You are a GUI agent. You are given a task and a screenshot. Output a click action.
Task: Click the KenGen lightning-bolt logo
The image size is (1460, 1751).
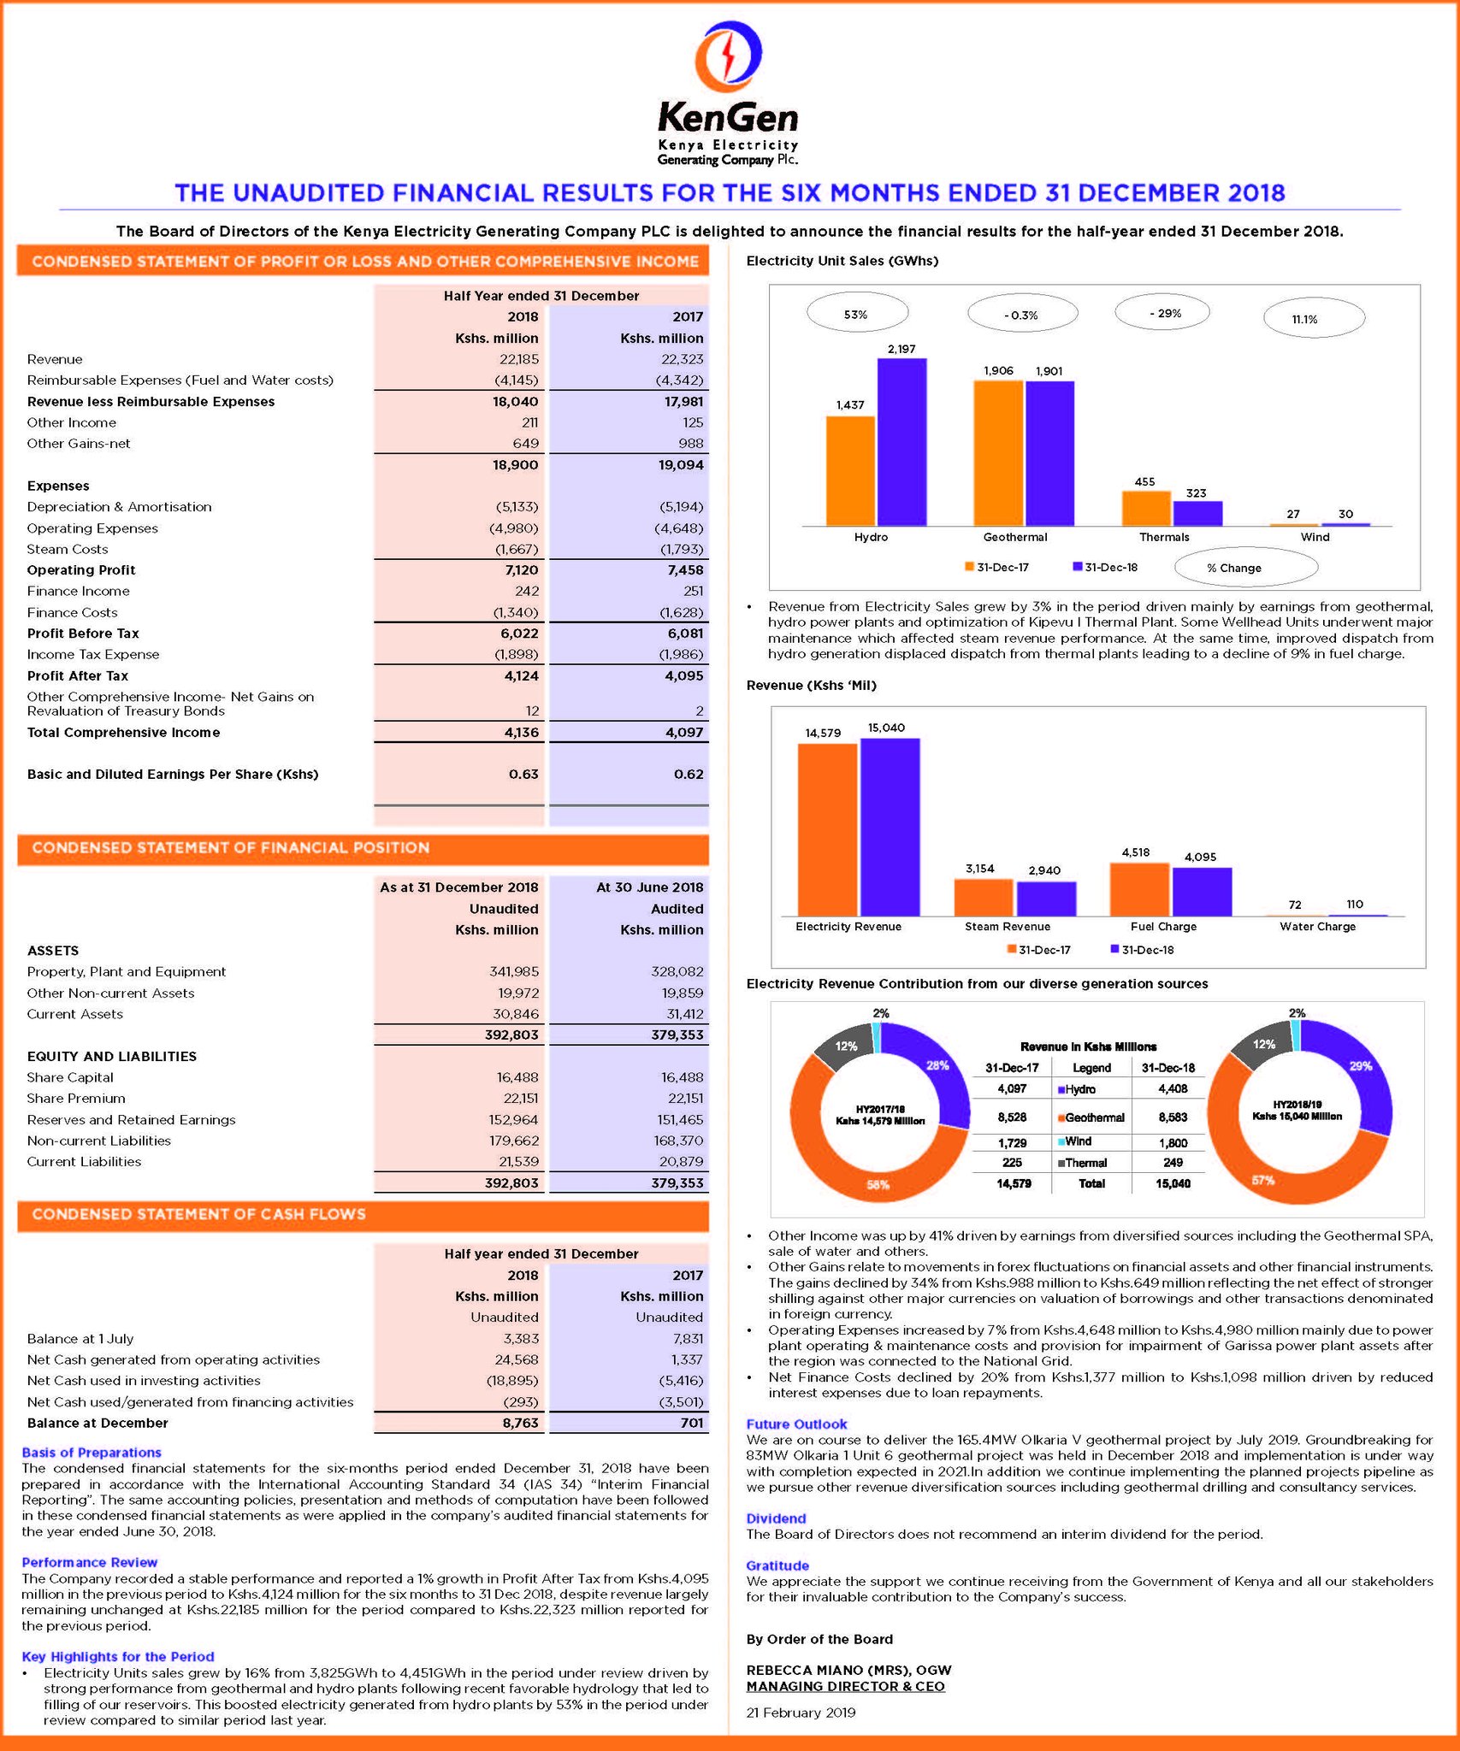(728, 57)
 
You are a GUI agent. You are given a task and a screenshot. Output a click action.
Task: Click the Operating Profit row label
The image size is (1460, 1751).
(81, 570)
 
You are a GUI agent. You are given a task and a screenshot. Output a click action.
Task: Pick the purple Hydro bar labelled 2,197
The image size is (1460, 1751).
(901, 442)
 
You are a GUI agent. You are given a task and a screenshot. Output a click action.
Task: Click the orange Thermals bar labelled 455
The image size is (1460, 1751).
(1145, 508)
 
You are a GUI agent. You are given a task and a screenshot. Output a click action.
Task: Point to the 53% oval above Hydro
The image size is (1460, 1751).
(856, 315)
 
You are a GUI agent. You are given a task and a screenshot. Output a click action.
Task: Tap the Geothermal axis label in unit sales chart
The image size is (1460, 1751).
(1014, 537)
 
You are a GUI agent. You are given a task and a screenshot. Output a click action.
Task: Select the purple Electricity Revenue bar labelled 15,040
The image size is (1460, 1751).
(890, 826)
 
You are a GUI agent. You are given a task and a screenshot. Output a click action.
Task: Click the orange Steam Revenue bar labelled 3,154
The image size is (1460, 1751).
(983, 897)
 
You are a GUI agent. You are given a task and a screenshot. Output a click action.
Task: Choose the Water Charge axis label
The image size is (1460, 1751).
(1317, 926)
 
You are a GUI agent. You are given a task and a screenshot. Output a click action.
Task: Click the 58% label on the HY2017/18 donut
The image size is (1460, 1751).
(878, 1184)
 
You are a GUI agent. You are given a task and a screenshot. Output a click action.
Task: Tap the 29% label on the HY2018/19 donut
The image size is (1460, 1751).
(1360, 1066)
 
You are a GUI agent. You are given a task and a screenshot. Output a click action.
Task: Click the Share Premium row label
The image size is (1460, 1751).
(76, 1099)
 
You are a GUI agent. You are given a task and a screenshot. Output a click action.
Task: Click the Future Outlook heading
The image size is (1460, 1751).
(796, 1424)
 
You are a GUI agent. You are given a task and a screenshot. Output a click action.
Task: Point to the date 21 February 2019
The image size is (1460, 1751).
(801, 1712)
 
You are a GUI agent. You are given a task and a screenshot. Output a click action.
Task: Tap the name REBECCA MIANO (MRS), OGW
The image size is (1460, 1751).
(848, 1670)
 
